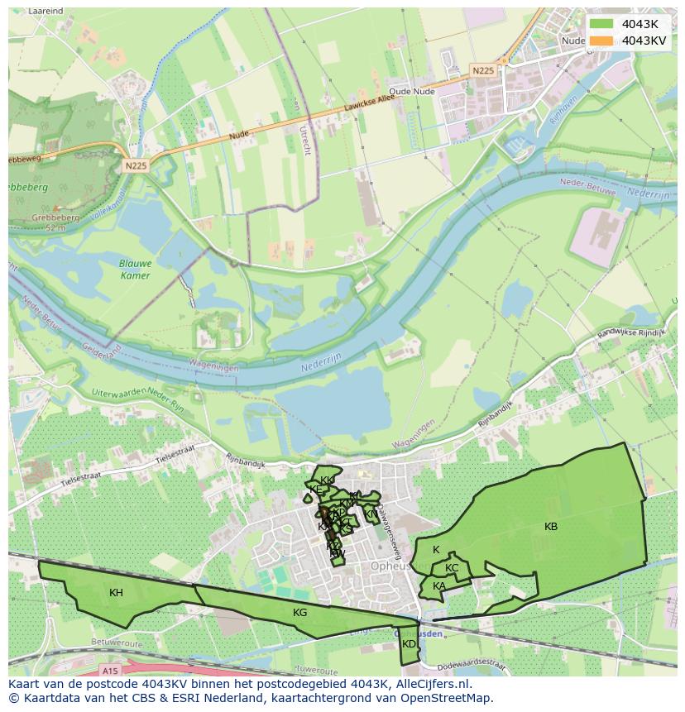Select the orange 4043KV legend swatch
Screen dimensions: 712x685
coord(601,41)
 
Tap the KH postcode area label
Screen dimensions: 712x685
coord(116,592)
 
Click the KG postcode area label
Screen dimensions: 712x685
coord(299,612)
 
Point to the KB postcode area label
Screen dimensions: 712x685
coord(551,527)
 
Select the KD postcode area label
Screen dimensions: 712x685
coord(409,643)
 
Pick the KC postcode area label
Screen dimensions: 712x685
coord(452,568)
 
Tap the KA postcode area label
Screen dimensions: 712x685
coord(439,586)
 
